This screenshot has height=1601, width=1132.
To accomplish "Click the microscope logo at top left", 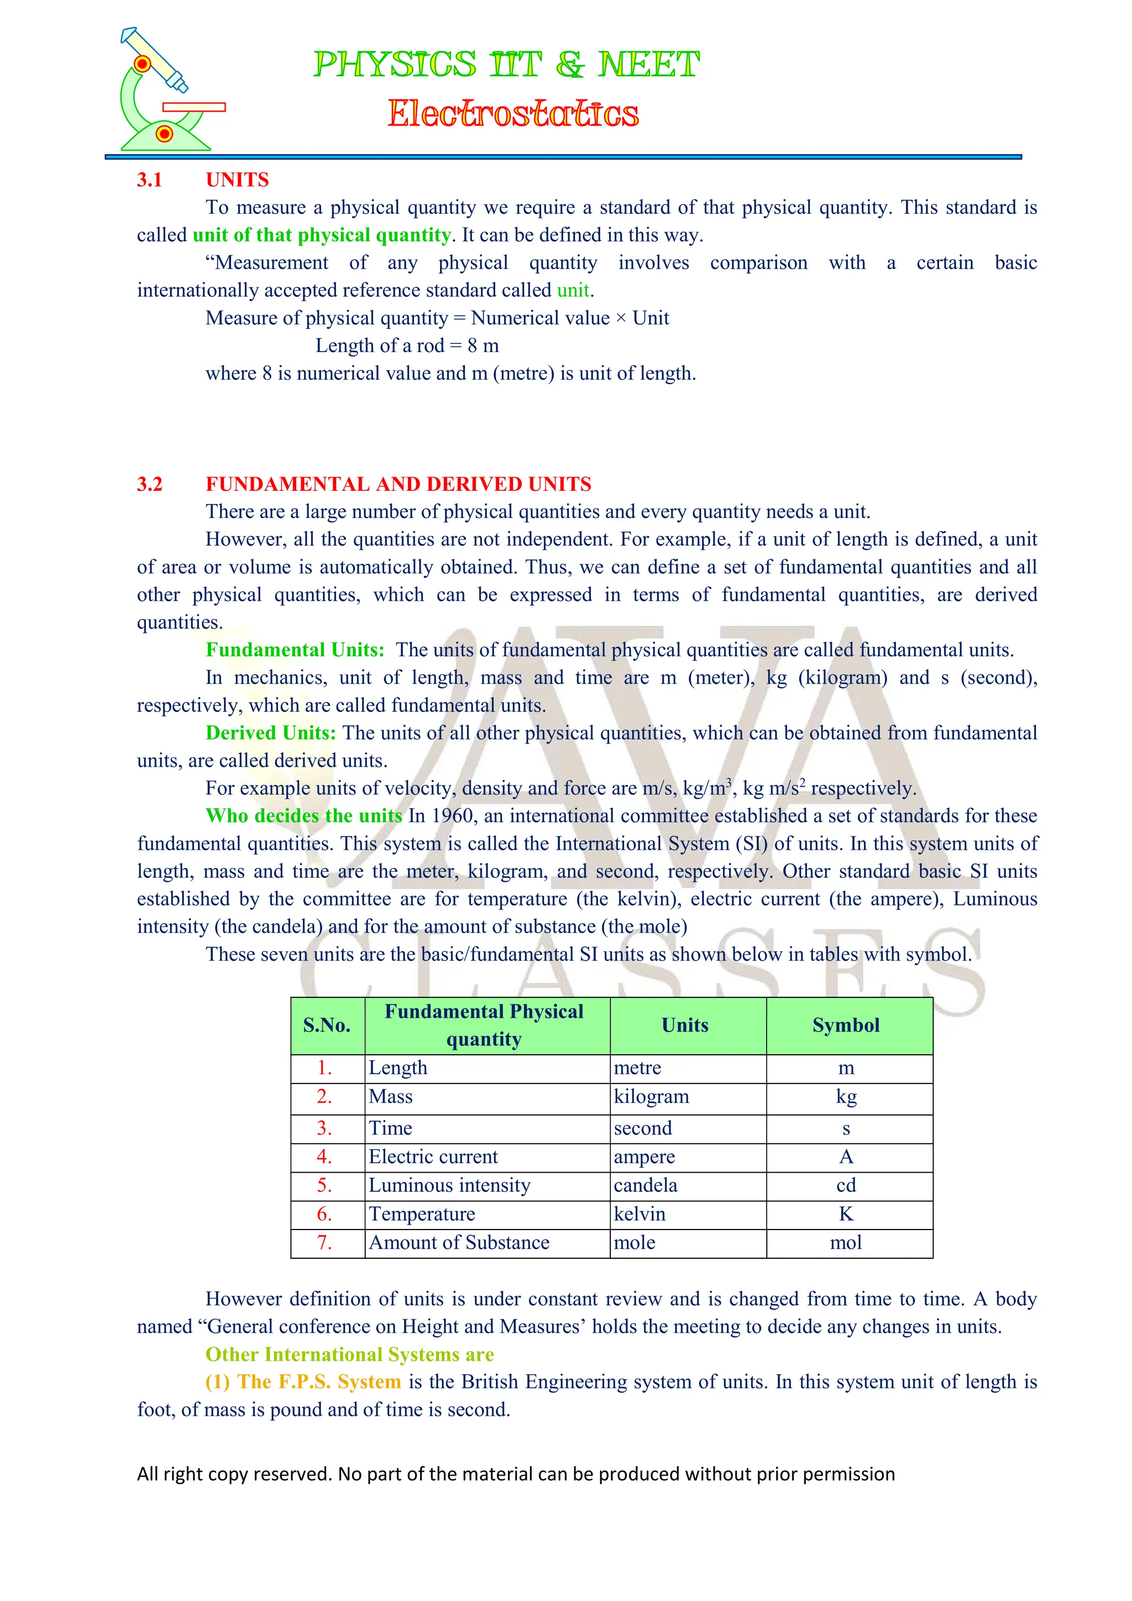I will (167, 91).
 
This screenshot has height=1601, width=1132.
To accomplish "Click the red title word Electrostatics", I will (512, 114).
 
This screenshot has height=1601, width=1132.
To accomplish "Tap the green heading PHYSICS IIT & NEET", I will (506, 65).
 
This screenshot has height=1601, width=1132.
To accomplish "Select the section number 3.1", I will (149, 180).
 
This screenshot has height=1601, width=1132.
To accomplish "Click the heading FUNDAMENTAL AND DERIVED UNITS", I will (398, 484).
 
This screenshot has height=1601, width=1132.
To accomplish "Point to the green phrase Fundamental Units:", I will (295, 650).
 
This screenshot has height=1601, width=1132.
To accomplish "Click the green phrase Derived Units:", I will (270, 733).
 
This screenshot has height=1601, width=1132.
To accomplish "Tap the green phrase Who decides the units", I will (304, 816).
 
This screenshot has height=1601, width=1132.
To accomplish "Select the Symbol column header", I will (846, 1025).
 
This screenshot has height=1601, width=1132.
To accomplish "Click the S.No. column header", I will (327, 1025).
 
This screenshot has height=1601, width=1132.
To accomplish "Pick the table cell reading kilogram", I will (651, 1097).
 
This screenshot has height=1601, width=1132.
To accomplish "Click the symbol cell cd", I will (846, 1185).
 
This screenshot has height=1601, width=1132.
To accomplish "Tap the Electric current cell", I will (433, 1157).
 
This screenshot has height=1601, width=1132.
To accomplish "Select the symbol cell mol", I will (846, 1243).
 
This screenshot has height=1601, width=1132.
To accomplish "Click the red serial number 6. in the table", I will (324, 1214).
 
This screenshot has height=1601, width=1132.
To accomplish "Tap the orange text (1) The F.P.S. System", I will (303, 1382).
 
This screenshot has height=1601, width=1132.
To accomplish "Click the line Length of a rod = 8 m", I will (406, 346).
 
